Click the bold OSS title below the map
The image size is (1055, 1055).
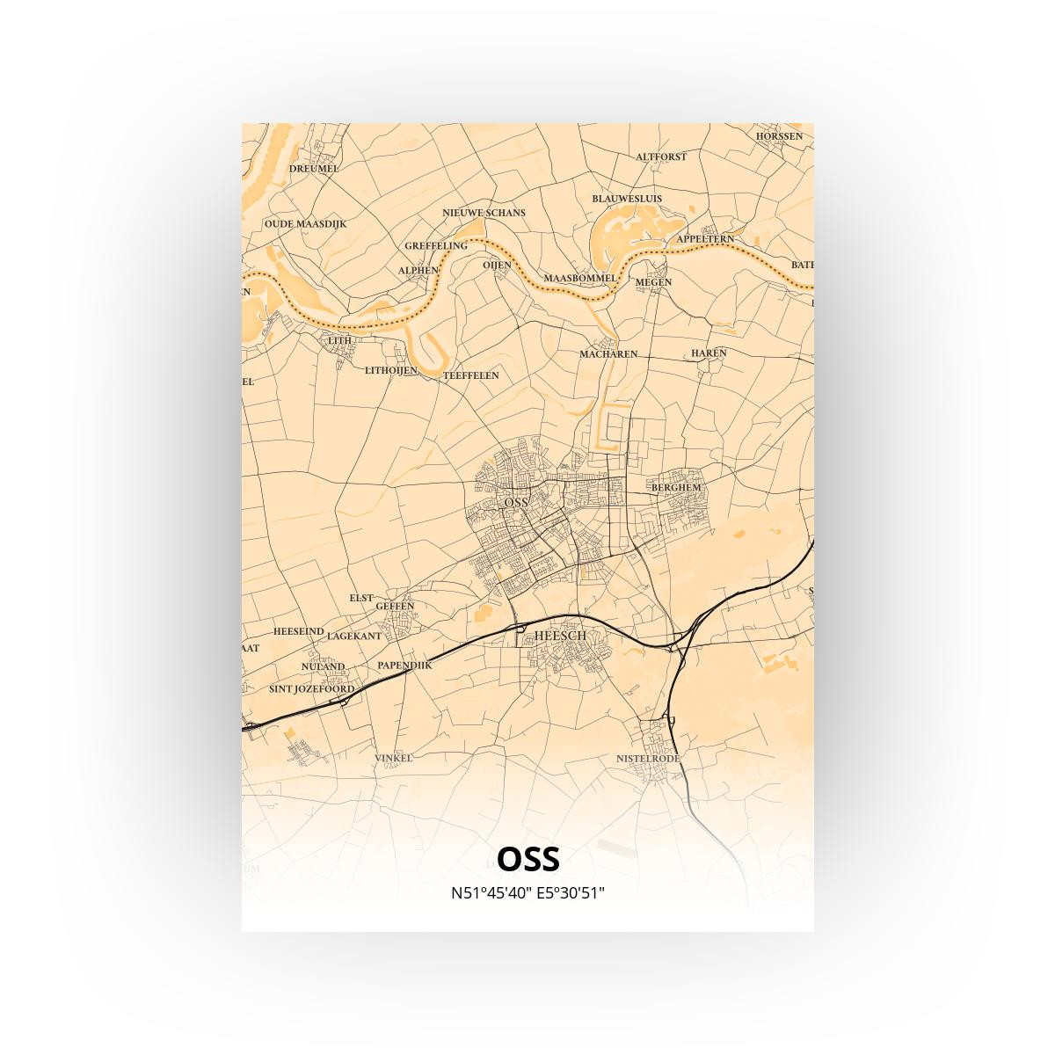(527, 857)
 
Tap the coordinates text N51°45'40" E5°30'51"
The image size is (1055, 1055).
(527, 893)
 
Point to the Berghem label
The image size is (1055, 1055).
(676, 487)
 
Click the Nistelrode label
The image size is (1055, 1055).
(648, 758)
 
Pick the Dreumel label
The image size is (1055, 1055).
(314, 168)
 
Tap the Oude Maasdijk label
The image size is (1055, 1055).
(305, 224)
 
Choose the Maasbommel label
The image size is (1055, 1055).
(580, 278)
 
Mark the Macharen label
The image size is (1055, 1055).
(608, 354)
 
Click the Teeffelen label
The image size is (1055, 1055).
(471, 375)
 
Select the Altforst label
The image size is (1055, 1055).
(661, 156)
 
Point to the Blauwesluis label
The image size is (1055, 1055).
(627, 199)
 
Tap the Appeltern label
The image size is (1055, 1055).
(705, 239)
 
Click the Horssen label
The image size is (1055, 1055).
(779, 136)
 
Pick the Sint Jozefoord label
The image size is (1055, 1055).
(312, 689)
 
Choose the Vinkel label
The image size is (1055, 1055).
(393, 757)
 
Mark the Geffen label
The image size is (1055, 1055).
(395, 606)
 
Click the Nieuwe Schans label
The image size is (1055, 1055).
(484, 213)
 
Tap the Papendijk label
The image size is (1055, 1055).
(404, 666)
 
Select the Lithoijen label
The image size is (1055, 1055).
(390, 371)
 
